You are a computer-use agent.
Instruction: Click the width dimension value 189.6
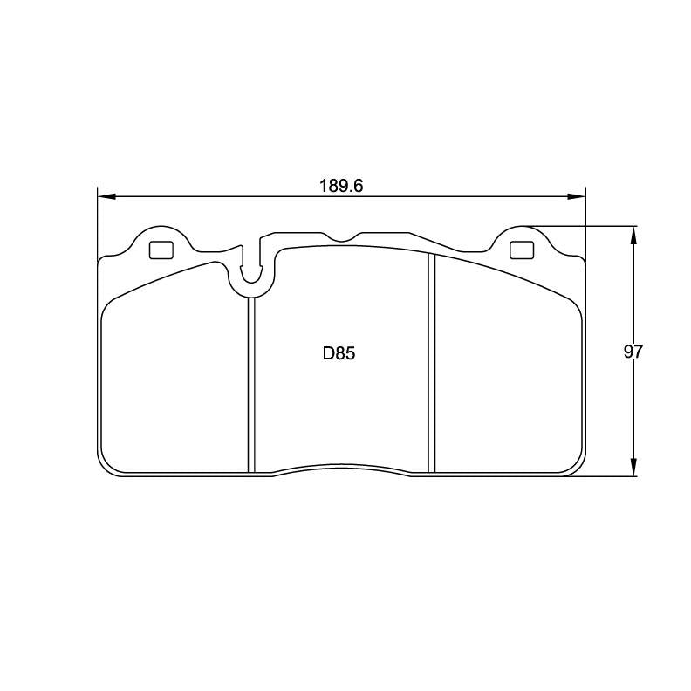coord(340,186)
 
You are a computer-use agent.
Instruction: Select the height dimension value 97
coord(633,352)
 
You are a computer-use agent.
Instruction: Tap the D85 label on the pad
coord(340,353)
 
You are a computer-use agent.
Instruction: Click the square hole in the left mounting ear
coord(161,250)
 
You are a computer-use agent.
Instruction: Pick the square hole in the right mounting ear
coord(520,250)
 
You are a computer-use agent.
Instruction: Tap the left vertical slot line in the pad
coord(250,384)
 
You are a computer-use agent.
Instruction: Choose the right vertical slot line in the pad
coord(431,366)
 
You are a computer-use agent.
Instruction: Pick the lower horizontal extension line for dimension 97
coord(611,477)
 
